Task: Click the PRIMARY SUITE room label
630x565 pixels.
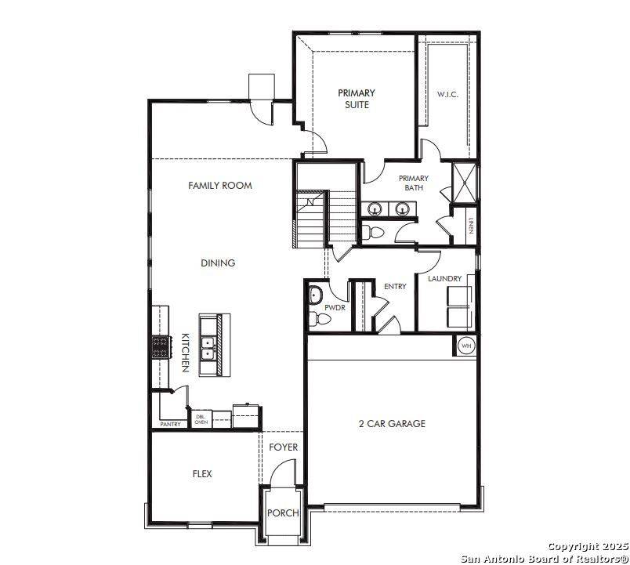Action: [356, 99]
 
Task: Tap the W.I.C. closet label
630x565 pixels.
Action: [447, 95]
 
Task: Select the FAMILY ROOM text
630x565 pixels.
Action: [220, 186]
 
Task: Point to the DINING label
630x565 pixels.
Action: [218, 263]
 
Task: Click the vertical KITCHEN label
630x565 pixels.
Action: [186, 353]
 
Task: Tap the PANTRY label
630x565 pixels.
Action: [170, 424]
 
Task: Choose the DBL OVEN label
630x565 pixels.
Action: [201, 419]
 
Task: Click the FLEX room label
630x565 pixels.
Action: [202, 474]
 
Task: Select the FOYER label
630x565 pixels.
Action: [283, 447]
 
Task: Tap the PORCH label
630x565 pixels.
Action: [283, 513]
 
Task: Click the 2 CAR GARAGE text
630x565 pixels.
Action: [392, 424]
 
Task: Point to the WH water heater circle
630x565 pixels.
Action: [465, 346]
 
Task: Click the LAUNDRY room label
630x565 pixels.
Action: [444, 279]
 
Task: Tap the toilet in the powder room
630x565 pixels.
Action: [318, 318]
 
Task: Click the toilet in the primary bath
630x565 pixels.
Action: [372, 233]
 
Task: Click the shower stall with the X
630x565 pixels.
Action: [465, 183]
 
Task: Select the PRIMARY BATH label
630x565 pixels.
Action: [413, 183]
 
